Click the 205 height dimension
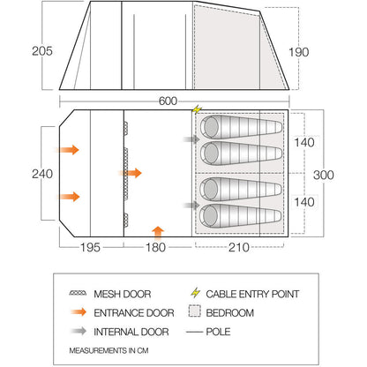coord(42,51)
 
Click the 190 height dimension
coord(299,52)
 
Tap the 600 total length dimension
coord(168,101)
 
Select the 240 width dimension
coord(42,174)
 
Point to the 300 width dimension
coord(324,175)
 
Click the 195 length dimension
coord(90,247)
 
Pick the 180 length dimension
coord(156,247)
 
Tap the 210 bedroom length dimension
coord(239,247)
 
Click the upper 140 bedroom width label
coord(304,143)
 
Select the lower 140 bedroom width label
coord(304,202)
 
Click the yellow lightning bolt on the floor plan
coord(197,109)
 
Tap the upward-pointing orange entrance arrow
coord(159,231)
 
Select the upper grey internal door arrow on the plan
coord(191,139)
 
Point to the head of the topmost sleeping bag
coord(211,127)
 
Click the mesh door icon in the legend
coord(78,293)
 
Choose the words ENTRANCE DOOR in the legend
coord(134,313)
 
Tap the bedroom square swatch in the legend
coord(195,311)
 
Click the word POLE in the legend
coord(218,332)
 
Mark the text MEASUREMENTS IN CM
coord(109,350)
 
